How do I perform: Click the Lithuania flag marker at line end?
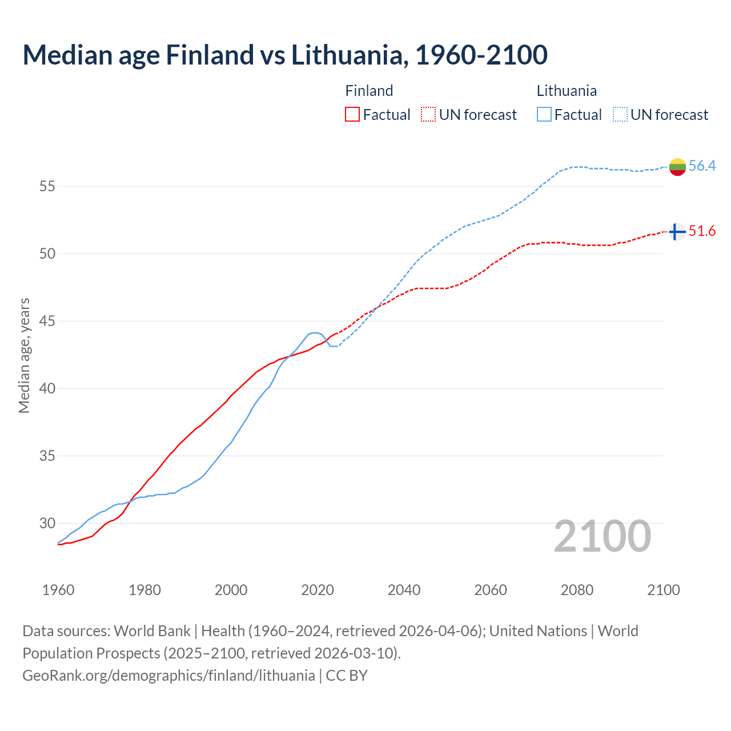pos(677,167)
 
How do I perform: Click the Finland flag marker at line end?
pos(677,231)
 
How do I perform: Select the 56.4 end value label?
pos(702,166)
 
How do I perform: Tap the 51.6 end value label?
pos(702,231)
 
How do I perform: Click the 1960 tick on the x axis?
pos(58,590)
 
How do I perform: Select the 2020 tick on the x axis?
pos(318,590)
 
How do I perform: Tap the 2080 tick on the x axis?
pos(577,590)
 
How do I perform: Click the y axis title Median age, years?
pos(24,355)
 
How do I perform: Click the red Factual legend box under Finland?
pos(352,115)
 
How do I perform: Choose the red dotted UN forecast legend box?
pos(428,115)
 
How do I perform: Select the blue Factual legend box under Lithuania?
pos(544,115)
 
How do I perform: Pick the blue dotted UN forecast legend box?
pos(620,115)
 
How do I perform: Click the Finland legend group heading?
pos(369,91)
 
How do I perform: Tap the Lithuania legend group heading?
pos(567,91)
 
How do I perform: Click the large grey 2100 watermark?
pos(602,536)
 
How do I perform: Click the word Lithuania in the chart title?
pos(349,55)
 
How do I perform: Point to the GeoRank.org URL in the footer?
pos(168,675)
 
